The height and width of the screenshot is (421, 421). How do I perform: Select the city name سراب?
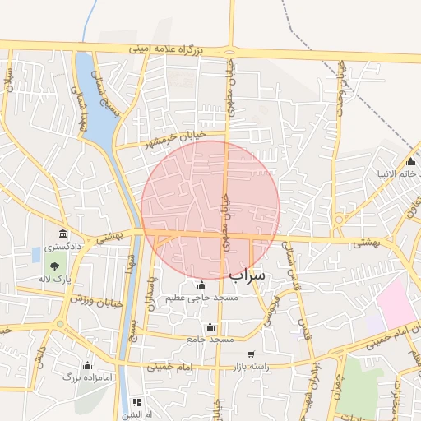248,275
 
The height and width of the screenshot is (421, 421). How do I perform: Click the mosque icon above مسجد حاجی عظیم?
202,285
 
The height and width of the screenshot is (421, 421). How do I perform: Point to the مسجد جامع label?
210,339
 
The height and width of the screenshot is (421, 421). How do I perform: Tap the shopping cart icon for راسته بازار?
250,354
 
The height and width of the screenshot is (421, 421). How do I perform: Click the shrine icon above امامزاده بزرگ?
87,364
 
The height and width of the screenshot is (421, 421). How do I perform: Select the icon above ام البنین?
136,402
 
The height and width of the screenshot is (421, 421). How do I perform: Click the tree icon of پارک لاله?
54,266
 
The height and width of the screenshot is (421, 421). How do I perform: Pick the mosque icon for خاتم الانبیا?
411,161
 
